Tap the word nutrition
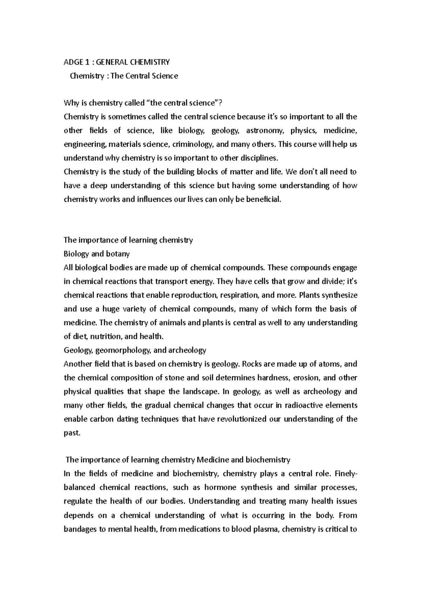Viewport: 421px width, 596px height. click(x=106, y=336)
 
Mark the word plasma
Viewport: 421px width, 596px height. click(x=266, y=529)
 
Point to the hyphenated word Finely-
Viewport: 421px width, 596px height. click(x=346, y=474)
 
